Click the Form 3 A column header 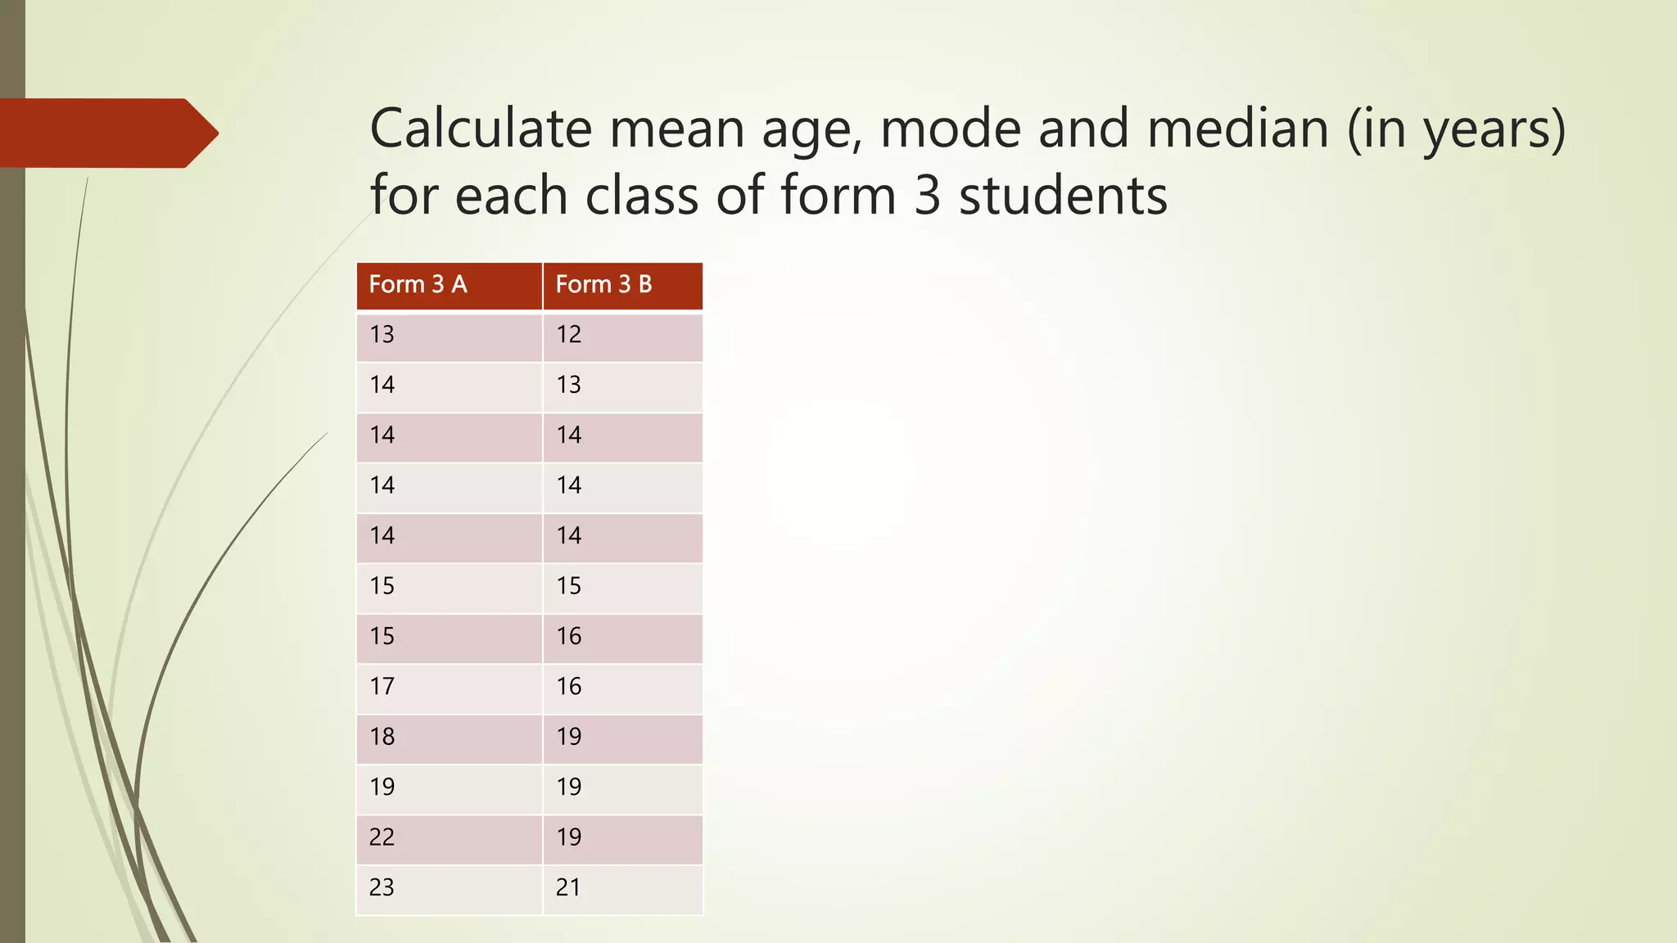[418, 285]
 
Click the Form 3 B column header [603, 285]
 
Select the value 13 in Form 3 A [382, 335]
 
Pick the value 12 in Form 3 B [568, 335]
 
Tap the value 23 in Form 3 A [382, 887]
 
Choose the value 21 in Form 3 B [568, 887]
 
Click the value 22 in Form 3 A [382, 837]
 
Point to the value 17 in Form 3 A [382, 687]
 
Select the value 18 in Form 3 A [382, 737]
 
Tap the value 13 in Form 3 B [568, 385]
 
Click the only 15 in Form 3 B [568, 586]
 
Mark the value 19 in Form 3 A [382, 787]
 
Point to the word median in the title [1237, 129]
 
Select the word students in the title [1063, 196]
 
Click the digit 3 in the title [927, 196]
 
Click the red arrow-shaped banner [106, 133]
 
